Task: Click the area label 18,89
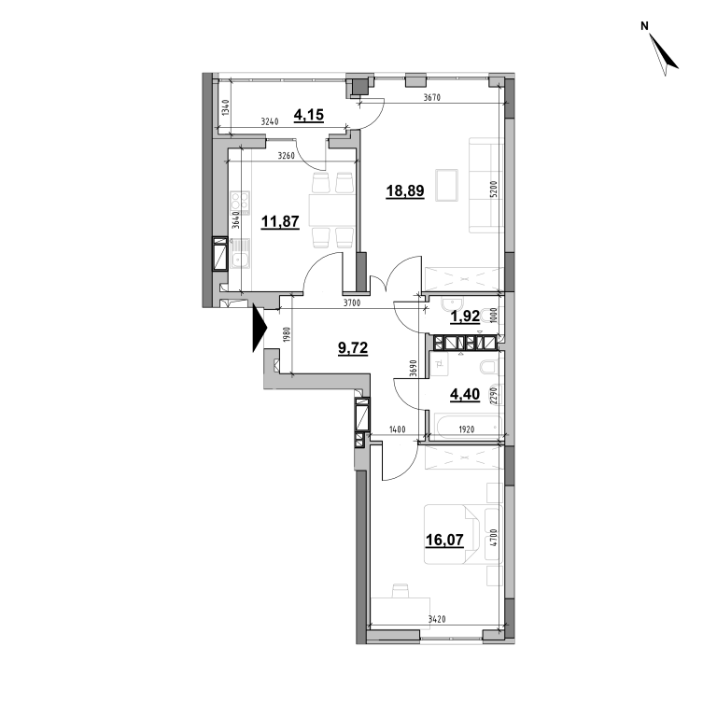point(405,190)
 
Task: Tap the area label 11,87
point(280,222)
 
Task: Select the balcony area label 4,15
point(309,115)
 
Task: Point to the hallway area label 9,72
point(353,348)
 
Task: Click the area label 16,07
point(444,540)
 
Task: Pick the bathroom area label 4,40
point(465,394)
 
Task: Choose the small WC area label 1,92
point(465,316)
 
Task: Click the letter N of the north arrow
point(644,26)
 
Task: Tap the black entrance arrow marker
point(260,328)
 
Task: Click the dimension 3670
point(431,97)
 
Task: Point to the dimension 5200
point(493,189)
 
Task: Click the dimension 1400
point(398,429)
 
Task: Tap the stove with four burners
point(240,203)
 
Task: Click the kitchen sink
point(239,257)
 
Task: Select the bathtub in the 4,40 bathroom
point(465,427)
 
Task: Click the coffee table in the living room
point(447,185)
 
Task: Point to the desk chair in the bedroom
point(401,591)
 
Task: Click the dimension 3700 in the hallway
point(352,302)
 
